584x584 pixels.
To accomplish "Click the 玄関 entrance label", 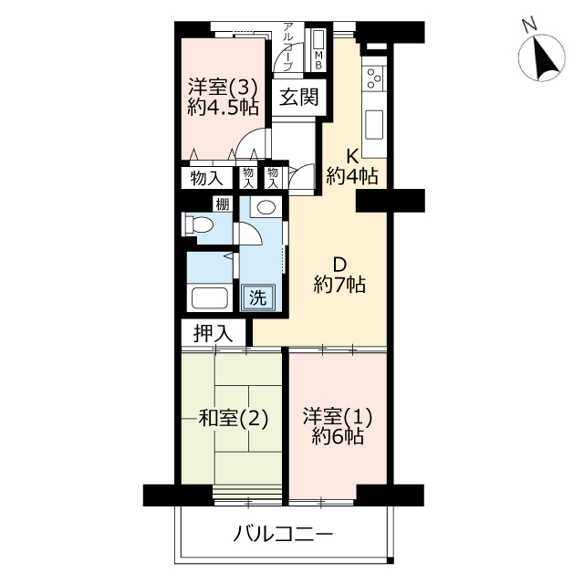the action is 298,98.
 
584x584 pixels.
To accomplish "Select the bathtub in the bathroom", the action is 210,298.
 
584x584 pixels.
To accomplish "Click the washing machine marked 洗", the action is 257,297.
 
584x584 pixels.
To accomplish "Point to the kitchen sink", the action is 374,124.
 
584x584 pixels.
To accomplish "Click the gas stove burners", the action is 374,78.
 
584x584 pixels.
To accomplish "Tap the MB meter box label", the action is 318,61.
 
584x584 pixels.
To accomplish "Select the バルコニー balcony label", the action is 283,535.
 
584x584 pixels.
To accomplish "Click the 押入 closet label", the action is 213,333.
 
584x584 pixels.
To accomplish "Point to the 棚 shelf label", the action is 223,204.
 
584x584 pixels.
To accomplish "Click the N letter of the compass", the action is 529,25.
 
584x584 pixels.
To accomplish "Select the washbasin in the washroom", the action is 265,207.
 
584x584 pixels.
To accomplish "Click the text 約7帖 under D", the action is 339,285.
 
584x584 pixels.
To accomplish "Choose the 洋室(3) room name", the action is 223,88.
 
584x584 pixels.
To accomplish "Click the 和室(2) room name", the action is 234,418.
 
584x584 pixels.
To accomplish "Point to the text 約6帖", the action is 338,436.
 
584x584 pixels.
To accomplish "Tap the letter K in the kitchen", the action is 352,157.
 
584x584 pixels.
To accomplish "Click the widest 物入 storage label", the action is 207,179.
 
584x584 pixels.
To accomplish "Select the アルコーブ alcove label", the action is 287,47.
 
